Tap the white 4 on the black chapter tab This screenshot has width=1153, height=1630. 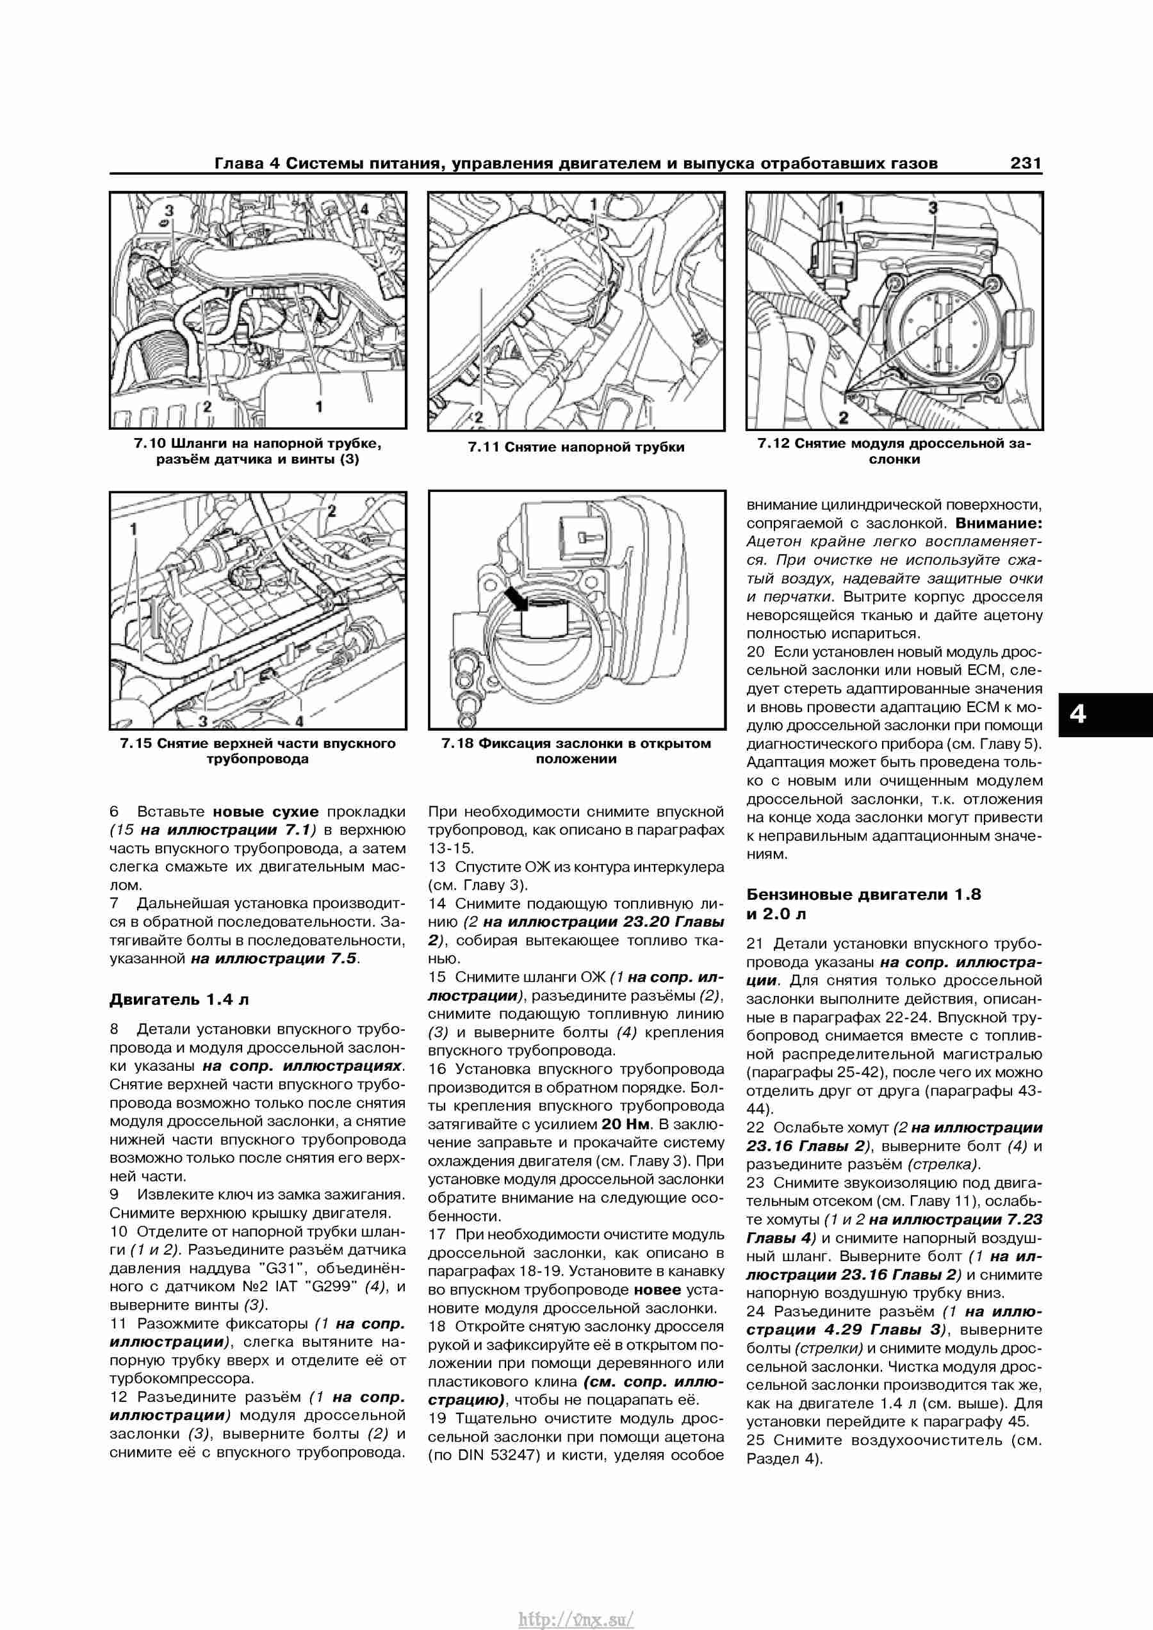1078,713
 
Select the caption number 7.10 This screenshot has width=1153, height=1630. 149,444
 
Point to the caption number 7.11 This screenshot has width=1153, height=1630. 483,447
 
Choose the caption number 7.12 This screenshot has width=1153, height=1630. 774,444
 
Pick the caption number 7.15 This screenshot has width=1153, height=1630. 136,744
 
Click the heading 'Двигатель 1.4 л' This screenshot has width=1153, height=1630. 179,1000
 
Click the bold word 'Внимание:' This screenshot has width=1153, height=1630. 999,523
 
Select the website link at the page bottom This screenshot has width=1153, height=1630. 576,1614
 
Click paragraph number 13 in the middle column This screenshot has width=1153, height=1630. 437,867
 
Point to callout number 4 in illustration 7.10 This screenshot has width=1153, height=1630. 364,209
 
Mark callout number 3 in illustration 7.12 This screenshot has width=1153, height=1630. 933,208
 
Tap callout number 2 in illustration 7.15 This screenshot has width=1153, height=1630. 331,511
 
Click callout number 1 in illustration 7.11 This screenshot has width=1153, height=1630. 594,204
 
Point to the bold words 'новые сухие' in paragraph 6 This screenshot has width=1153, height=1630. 266,811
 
